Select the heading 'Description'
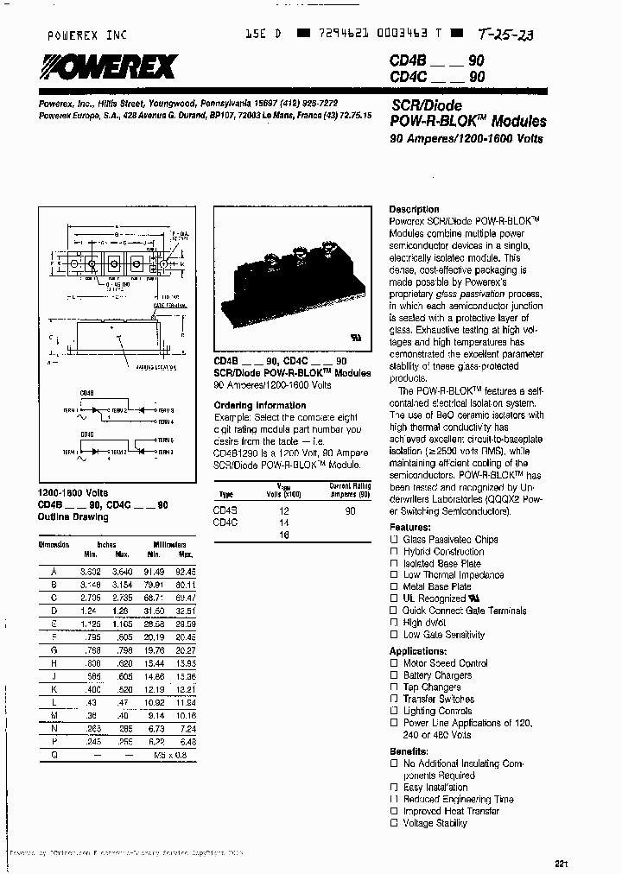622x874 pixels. coord(414,210)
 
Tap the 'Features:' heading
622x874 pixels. coord(409,527)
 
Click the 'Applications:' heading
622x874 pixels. coord(417,651)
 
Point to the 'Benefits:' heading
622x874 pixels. coord(409,751)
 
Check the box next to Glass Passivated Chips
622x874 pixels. coord(394,540)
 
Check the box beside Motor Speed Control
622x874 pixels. coord(394,664)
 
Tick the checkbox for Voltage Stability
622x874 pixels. coord(394,824)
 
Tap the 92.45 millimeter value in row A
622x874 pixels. coord(184,572)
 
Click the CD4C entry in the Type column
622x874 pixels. coord(225,522)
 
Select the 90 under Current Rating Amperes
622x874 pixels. coord(350,510)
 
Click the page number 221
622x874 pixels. coord(562,862)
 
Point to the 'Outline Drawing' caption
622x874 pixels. coord(73,517)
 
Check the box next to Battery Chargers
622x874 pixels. coord(394,675)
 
